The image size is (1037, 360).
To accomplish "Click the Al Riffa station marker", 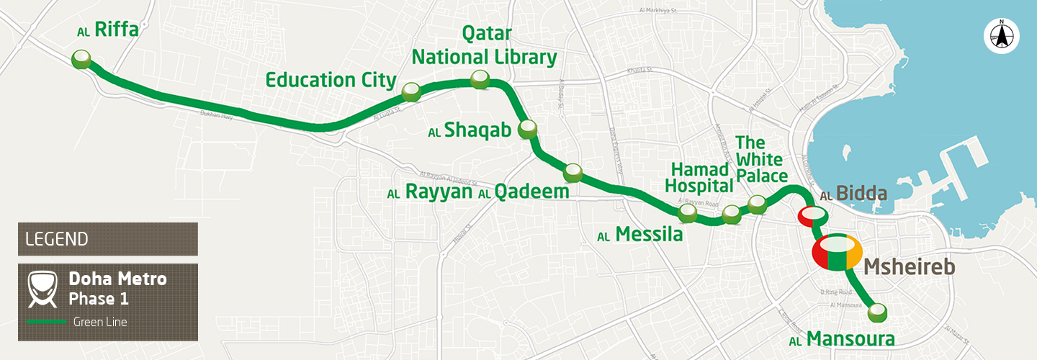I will (x=82, y=59).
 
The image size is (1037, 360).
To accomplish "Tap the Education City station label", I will (x=331, y=80).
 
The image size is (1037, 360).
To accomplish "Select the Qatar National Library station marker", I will (x=480, y=79).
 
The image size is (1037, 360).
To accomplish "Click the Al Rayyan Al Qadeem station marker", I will (x=573, y=172).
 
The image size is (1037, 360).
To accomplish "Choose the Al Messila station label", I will (x=639, y=235).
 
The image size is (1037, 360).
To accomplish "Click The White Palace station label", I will (x=761, y=159).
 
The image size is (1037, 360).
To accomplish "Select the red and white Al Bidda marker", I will (x=812, y=215).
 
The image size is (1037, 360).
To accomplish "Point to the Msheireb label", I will (x=909, y=267).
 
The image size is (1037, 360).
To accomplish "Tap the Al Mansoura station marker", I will (x=877, y=312).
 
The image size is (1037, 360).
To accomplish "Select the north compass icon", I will (x=1001, y=35).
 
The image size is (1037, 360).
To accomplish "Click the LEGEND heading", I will (x=57, y=239).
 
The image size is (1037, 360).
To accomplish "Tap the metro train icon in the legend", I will (x=42, y=288).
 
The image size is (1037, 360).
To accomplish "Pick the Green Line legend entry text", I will (x=100, y=322).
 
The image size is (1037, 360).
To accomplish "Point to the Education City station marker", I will (x=411, y=91).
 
